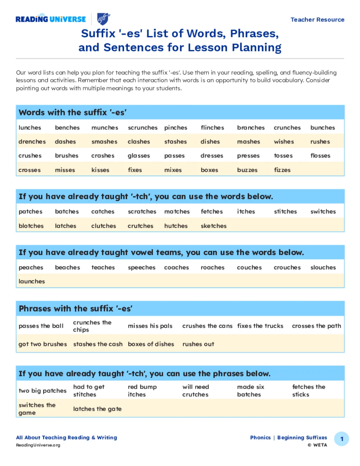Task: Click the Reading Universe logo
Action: click(x=51, y=19)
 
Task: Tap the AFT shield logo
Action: click(x=103, y=19)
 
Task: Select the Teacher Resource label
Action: click(x=317, y=20)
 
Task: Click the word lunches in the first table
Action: click(x=30, y=128)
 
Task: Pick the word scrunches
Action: click(x=142, y=128)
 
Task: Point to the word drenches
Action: click(x=32, y=142)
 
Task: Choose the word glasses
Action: click(x=139, y=156)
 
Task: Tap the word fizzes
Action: click(x=282, y=170)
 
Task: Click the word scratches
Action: click(x=142, y=212)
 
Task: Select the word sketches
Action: click(x=213, y=226)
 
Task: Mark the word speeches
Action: click(x=141, y=268)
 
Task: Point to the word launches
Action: click(x=32, y=281)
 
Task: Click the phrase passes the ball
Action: click(x=41, y=326)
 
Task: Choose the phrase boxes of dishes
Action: click(x=151, y=344)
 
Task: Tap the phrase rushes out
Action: click(x=198, y=344)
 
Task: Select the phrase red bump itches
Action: click(x=142, y=391)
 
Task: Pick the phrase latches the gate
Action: click(x=97, y=409)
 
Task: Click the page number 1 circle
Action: click(x=341, y=439)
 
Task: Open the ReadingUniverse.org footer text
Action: click(x=38, y=445)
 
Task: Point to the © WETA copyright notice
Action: click(x=317, y=445)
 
